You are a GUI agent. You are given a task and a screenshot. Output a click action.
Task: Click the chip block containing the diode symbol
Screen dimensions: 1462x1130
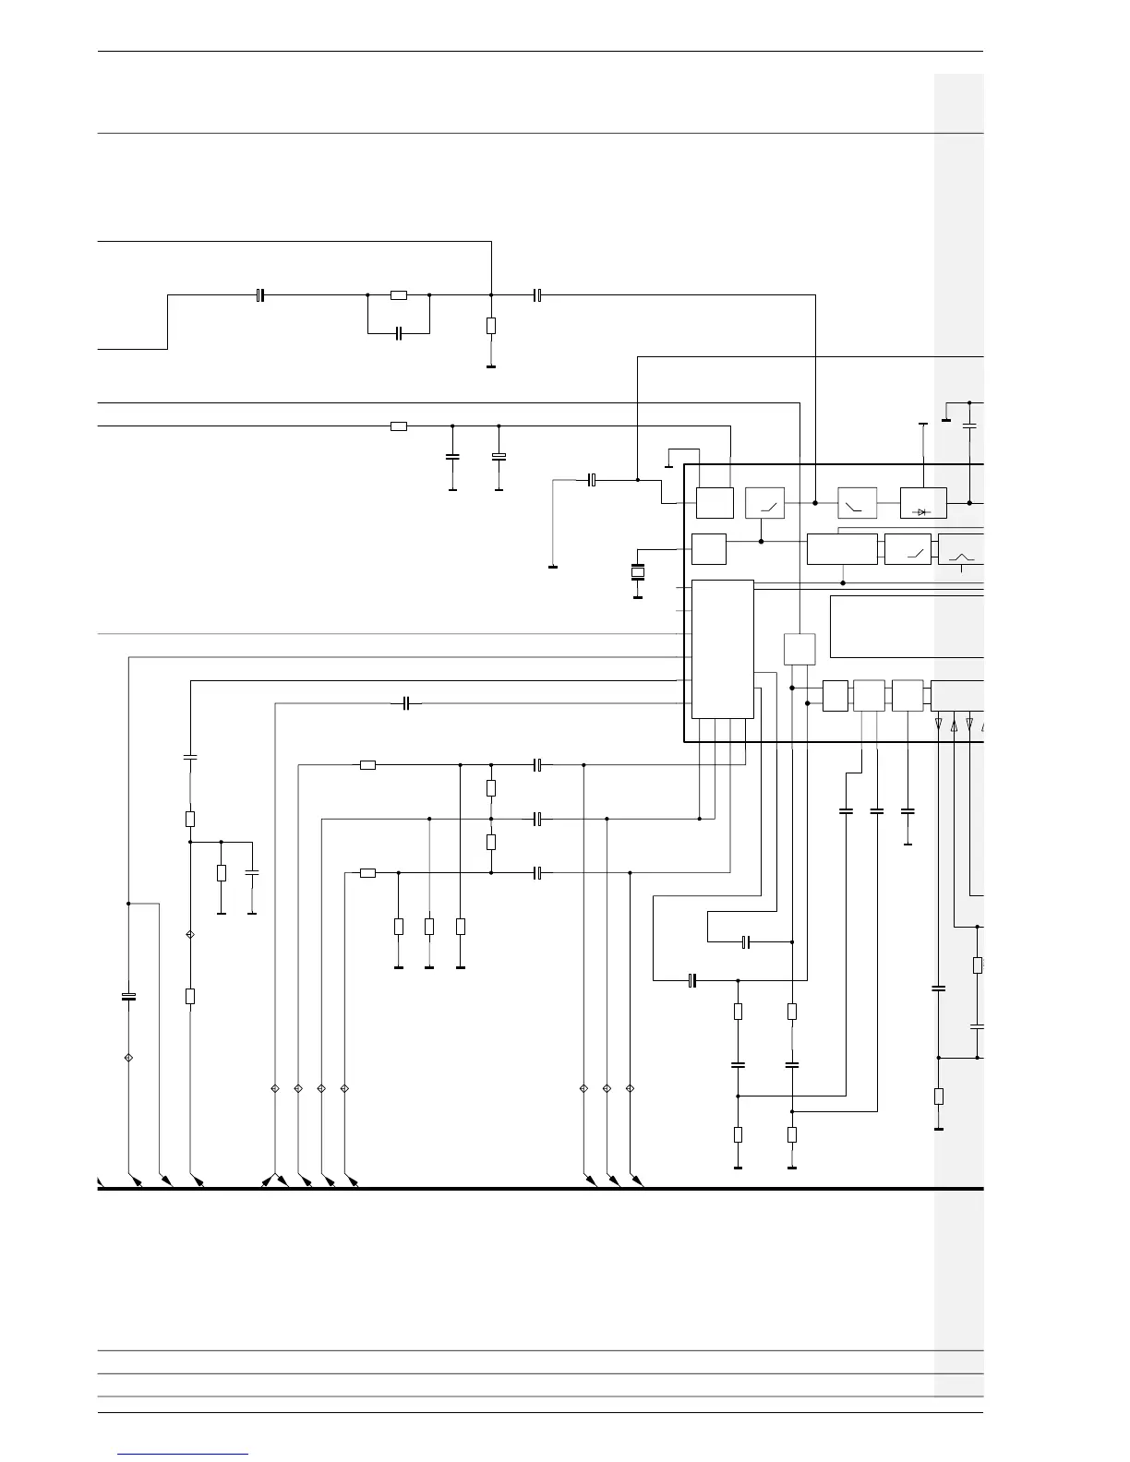(922, 503)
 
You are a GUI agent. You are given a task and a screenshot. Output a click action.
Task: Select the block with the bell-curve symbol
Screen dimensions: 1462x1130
(960, 550)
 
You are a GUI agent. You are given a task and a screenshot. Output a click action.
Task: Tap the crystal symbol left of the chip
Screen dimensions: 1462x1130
(637, 573)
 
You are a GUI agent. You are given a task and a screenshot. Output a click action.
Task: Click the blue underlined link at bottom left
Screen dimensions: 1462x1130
(183, 1454)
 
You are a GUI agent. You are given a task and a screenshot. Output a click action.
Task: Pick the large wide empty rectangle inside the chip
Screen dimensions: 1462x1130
(907, 627)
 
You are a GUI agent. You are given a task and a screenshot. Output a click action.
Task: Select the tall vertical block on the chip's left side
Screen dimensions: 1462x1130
(722, 649)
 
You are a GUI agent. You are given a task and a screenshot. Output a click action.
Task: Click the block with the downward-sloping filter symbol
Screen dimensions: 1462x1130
(857, 503)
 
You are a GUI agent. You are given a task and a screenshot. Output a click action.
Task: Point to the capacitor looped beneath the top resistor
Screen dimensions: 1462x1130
(399, 332)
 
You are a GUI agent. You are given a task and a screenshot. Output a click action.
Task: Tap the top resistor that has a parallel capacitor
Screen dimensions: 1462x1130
(399, 295)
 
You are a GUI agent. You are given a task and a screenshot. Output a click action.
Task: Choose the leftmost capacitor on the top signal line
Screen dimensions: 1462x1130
(260, 295)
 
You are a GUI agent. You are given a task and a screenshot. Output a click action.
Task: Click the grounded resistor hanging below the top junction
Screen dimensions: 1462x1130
(491, 325)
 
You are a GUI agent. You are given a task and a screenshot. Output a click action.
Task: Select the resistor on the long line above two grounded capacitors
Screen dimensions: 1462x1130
(399, 425)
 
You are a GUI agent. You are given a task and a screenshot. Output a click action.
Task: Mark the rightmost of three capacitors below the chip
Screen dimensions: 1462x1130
(908, 811)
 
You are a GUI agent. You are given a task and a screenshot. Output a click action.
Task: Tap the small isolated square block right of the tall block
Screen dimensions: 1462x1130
(799, 649)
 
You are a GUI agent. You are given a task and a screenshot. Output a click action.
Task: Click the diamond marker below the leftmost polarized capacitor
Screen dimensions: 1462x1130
(128, 1057)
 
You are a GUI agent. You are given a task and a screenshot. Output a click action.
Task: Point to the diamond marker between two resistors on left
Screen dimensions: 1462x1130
(190, 935)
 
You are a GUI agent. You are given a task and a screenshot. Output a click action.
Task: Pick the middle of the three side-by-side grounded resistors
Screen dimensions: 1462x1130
(429, 926)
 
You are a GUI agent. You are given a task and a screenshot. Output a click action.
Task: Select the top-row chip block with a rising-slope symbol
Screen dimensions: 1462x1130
(764, 503)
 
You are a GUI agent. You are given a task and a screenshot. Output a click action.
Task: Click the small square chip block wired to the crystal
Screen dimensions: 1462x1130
(709, 549)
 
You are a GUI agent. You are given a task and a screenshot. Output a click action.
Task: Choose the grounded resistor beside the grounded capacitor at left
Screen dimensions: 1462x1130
(222, 873)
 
